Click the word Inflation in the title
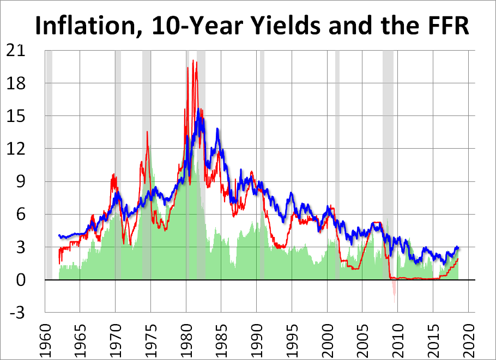point(83,26)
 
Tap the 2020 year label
point(468,338)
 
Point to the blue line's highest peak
point(198,109)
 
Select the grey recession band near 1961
point(49,163)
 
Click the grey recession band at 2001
point(337,163)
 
